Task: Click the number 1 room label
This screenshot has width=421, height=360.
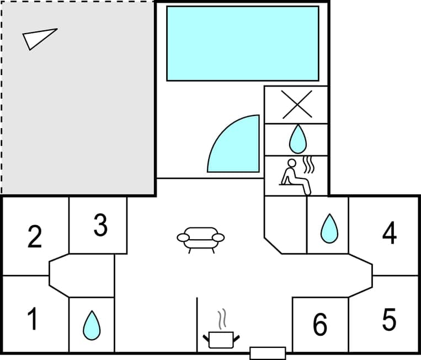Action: click(33, 320)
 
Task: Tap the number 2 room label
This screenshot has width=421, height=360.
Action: click(34, 236)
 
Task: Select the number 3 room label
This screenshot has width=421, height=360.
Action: click(100, 225)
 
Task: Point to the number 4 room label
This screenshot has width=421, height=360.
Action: click(390, 233)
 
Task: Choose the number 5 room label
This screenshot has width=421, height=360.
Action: click(389, 320)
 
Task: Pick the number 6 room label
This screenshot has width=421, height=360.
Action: click(320, 325)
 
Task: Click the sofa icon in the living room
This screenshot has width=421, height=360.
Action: click(201, 239)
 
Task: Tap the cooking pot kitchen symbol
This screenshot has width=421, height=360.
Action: click(222, 338)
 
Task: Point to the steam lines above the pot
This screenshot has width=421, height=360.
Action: click(222, 319)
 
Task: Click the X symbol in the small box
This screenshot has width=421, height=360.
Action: click(297, 104)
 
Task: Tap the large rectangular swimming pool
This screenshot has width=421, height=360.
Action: click(243, 44)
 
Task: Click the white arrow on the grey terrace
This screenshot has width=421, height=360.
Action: click(39, 38)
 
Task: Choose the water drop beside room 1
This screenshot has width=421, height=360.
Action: click(92, 325)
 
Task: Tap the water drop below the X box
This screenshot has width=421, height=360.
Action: click(298, 139)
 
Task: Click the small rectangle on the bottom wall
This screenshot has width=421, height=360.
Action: click(268, 353)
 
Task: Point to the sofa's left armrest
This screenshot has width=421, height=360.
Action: click(183, 237)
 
